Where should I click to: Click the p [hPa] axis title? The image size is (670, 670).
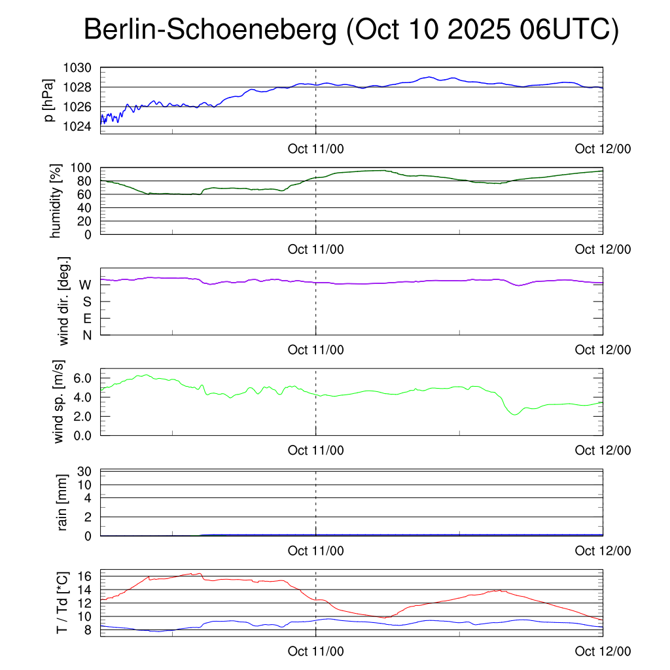pos(50,100)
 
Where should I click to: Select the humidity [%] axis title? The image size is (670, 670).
pos(56,201)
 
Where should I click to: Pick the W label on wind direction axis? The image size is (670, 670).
pos(85,285)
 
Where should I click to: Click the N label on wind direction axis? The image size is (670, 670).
pos(86,335)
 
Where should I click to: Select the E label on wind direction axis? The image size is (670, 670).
pos(86,318)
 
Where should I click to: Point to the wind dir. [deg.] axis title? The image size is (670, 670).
pos(63,301)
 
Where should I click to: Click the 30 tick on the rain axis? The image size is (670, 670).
pos(90,471)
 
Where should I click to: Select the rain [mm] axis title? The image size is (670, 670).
pos(63,503)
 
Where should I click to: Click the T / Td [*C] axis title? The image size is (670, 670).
pos(62,603)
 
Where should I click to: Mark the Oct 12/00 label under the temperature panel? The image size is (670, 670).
pos(603,652)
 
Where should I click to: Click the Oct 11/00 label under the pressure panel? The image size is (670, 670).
pos(316,149)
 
